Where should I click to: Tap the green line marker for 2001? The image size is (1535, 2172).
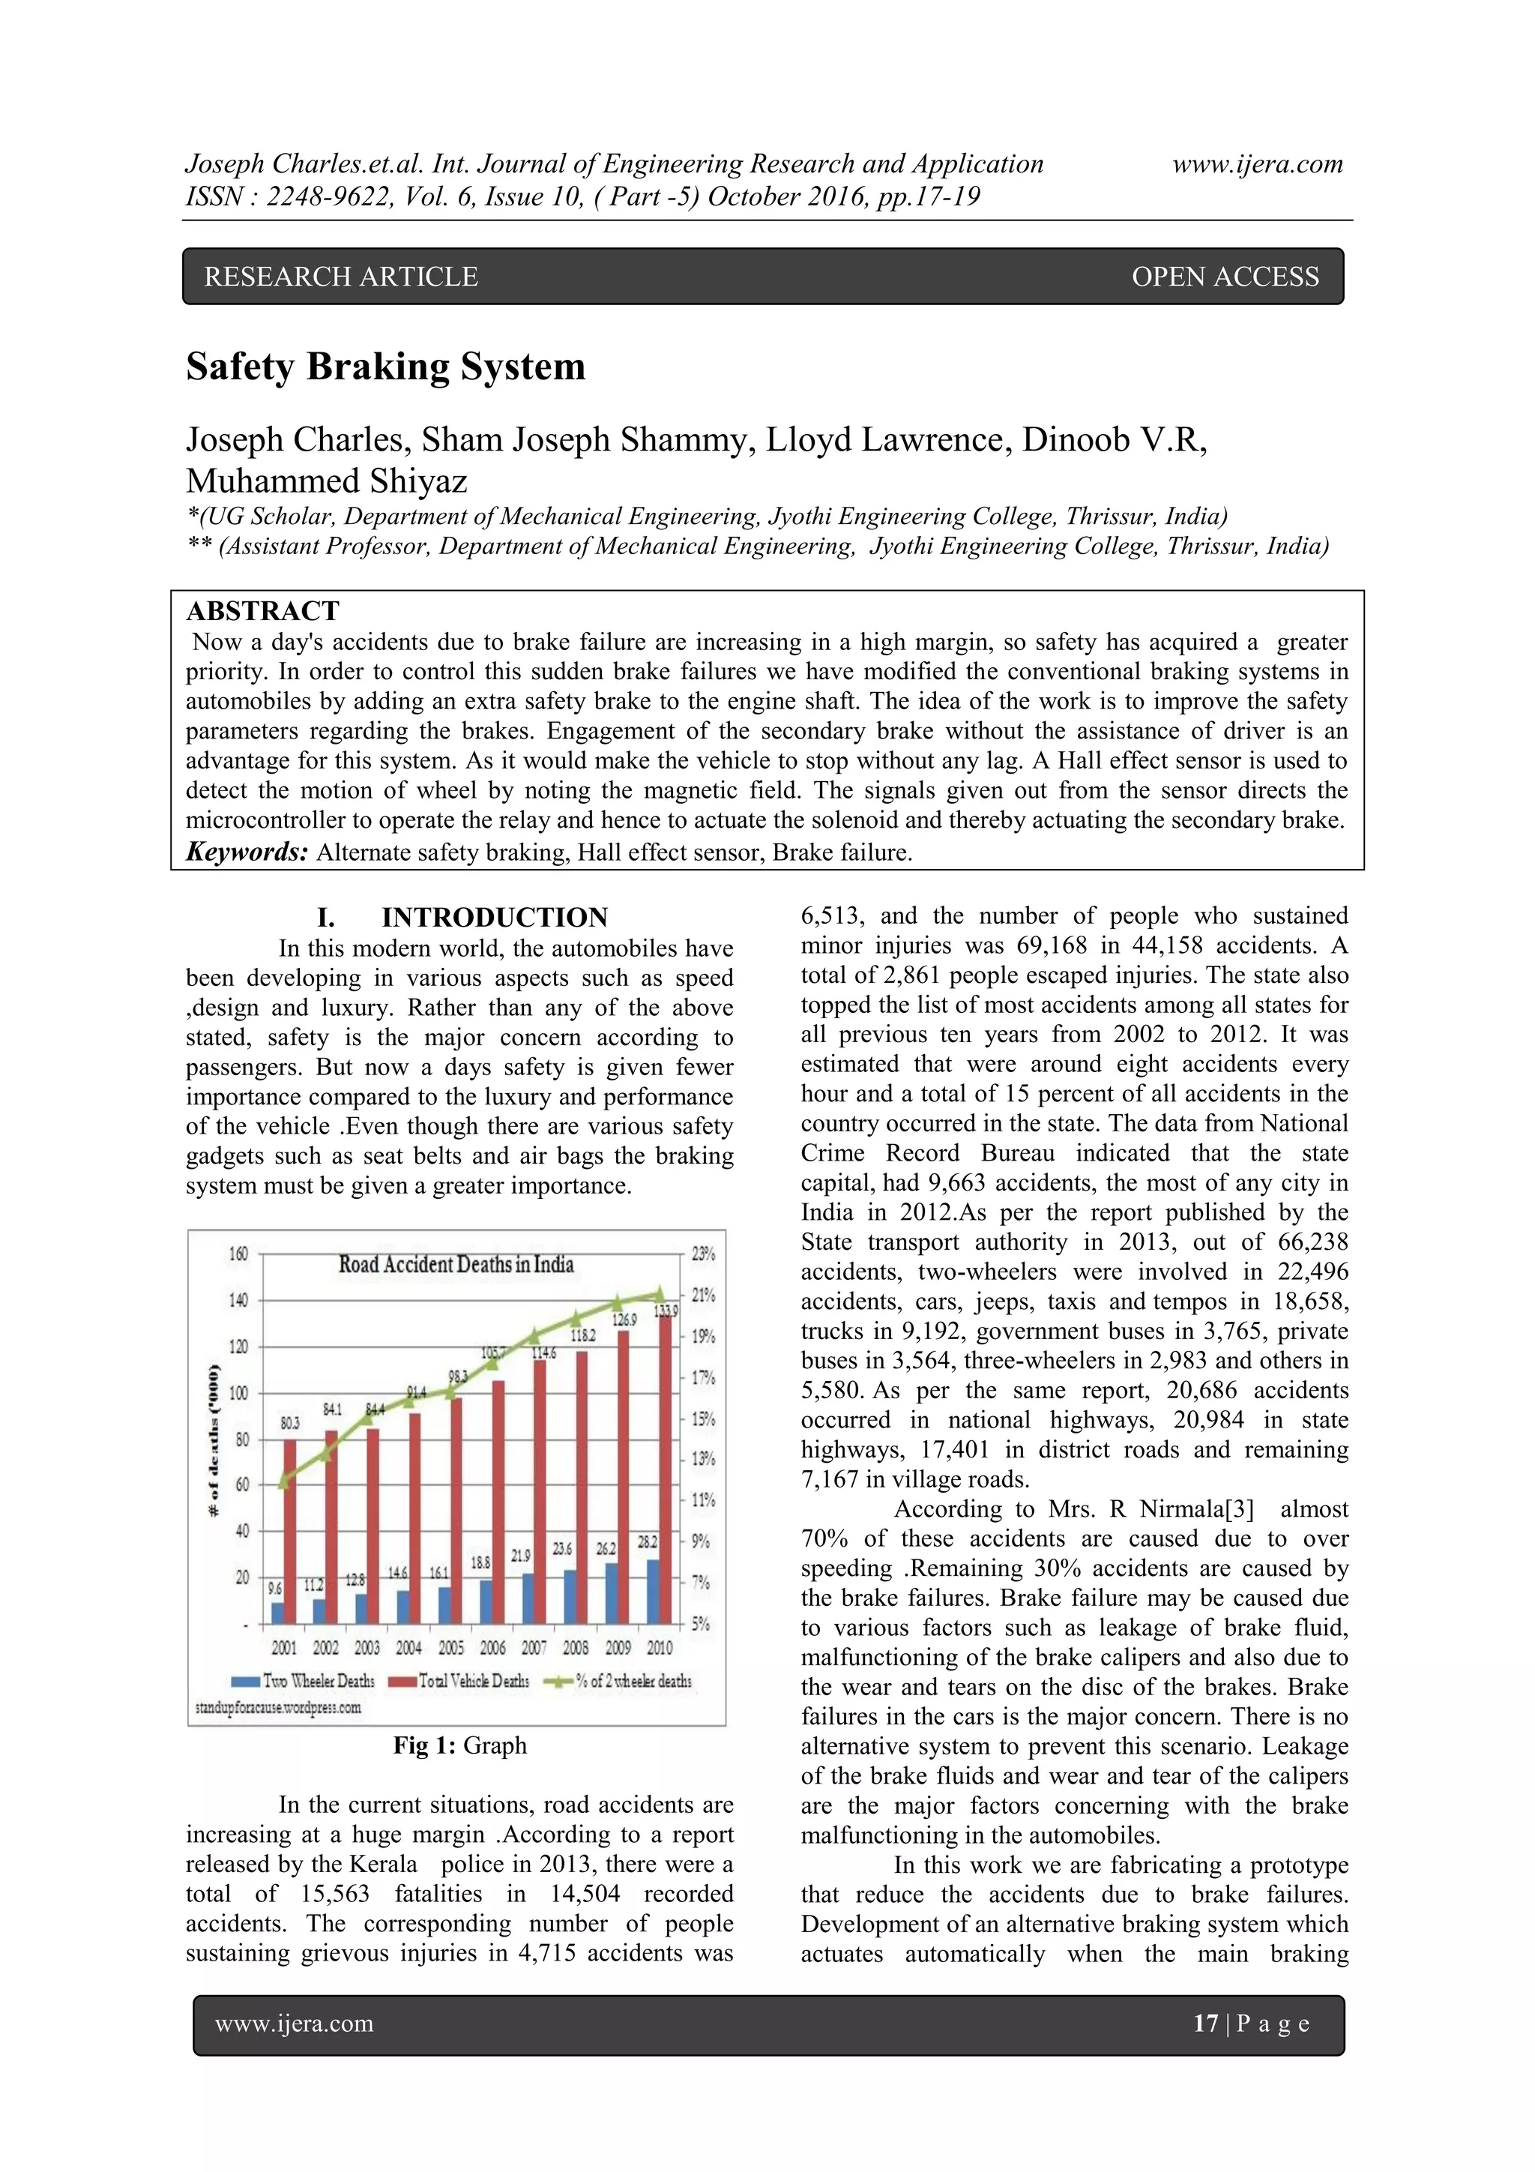tap(283, 1482)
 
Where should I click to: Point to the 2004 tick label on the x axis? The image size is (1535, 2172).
tap(408, 1648)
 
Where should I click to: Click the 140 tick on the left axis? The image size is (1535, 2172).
tap(238, 1300)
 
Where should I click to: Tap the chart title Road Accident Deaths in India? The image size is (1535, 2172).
tap(456, 1264)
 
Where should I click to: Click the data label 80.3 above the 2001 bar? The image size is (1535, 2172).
tap(289, 1422)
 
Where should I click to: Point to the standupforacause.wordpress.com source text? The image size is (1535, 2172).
tap(278, 1707)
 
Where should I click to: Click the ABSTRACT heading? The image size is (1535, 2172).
tap(262, 611)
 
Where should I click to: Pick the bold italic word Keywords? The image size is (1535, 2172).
tap(247, 852)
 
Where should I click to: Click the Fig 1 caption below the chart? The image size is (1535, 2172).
tap(459, 1745)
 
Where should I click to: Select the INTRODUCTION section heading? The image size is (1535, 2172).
tap(494, 918)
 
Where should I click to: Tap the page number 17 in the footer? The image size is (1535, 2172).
tap(1205, 2024)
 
